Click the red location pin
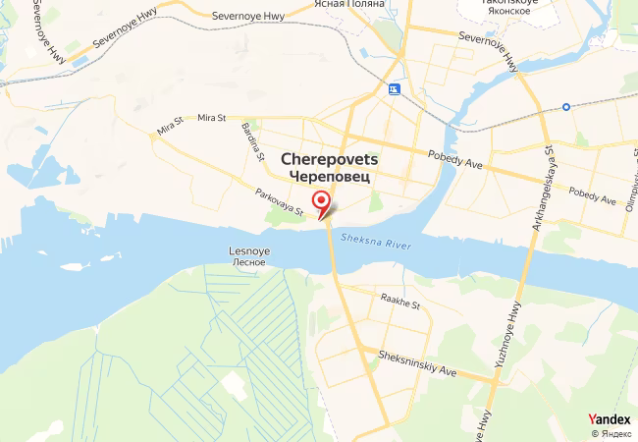pyautogui.click(x=321, y=202)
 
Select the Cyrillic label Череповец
pyautogui.click(x=330, y=175)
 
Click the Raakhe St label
pyautogui.click(x=400, y=304)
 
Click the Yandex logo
pyautogui.click(x=610, y=418)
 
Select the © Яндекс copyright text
pyautogui.click(x=611, y=433)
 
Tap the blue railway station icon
pyautogui.click(x=395, y=89)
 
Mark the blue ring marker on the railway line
pyautogui.click(x=566, y=106)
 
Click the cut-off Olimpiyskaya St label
pyautogui.click(x=629, y=177)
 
